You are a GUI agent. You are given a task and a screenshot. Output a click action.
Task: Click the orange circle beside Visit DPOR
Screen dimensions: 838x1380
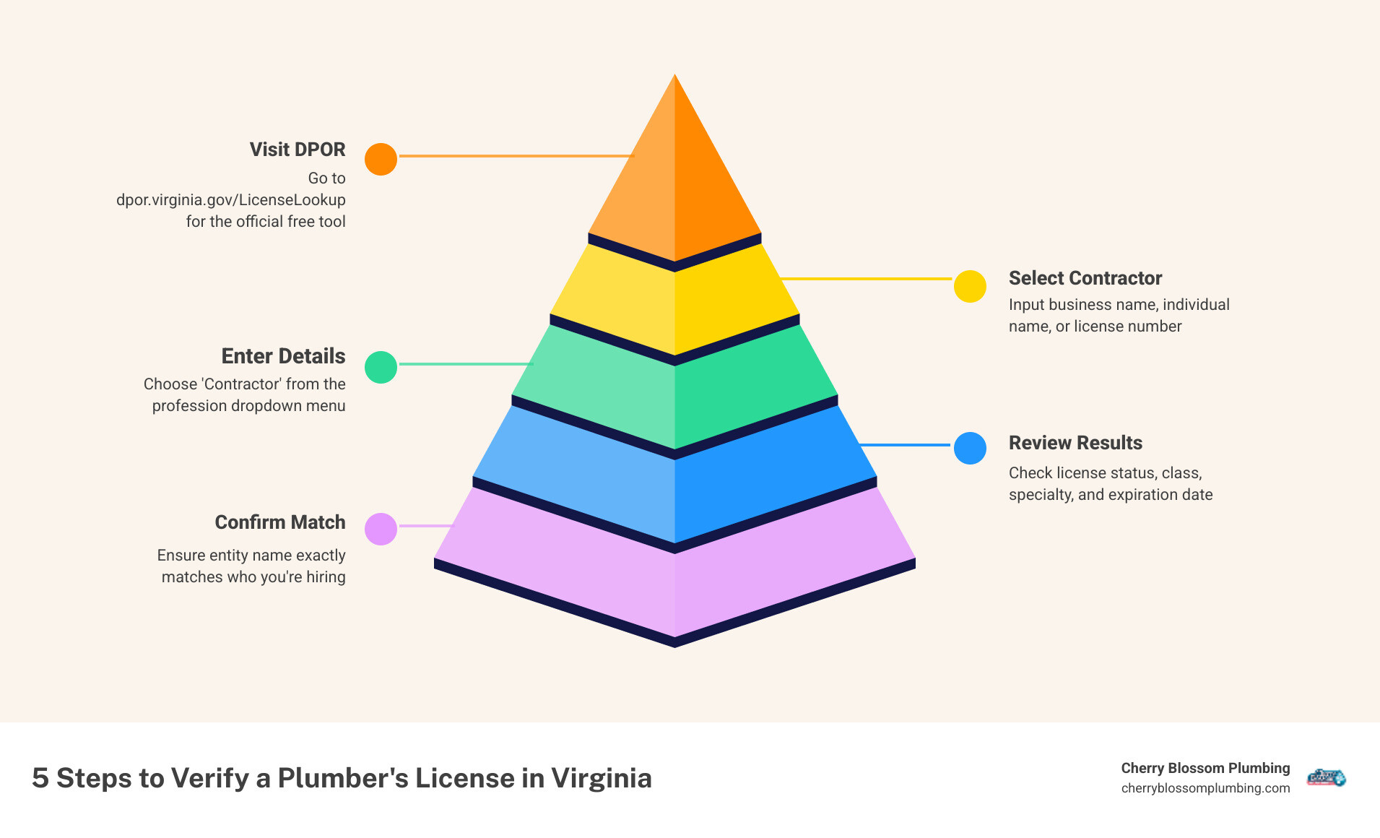click(x=381, y=159)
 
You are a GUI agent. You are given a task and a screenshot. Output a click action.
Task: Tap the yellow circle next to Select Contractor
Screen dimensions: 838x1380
click(x=970, y=287)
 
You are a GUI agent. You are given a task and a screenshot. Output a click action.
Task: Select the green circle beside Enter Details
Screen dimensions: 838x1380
click(x=381, y=367)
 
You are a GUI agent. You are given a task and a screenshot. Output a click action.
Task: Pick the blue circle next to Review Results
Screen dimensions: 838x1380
click(x=970, y=448)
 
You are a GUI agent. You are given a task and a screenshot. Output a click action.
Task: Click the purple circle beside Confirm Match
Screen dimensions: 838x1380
click(x=381, y=529)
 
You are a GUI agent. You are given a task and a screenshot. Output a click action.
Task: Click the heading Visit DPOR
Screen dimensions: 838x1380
click(x=297, y=150)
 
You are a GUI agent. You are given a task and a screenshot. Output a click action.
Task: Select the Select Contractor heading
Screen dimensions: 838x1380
click(x=1085, y=278)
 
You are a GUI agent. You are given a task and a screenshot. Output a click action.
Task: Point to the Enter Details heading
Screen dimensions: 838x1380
click(x=283, y=356)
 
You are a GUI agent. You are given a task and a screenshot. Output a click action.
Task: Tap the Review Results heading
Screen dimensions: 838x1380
click(x=1075, y=443)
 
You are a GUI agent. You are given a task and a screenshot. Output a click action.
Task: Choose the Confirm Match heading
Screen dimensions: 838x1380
click(x=279, y=522)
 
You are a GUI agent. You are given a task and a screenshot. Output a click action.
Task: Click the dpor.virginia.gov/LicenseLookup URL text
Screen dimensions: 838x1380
click(x=230, y=199)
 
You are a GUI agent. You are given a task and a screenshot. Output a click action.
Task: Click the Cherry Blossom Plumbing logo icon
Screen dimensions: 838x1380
click(x=1326, y=777)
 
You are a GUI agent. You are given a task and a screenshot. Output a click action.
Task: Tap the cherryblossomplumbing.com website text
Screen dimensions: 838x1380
click(x=1205, y=788)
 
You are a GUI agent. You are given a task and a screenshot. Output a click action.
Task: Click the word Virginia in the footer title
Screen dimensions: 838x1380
click(x=601, y=778)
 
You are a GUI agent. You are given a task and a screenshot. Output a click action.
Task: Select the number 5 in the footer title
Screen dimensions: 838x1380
click(x=40, y=778)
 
